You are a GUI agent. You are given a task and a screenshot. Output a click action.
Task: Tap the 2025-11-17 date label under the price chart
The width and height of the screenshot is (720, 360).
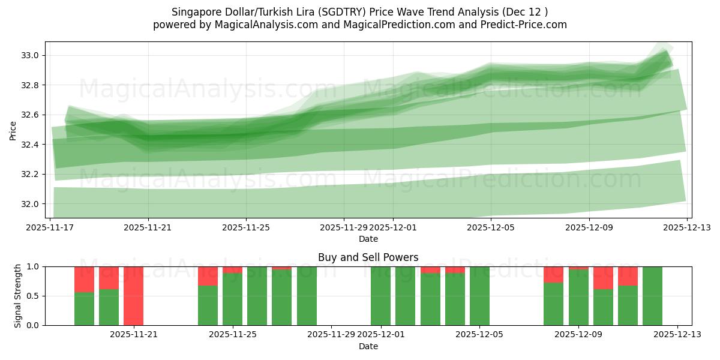coord(50,227)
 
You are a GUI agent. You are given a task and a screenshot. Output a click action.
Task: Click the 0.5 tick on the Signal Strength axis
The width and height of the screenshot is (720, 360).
coord(34,296)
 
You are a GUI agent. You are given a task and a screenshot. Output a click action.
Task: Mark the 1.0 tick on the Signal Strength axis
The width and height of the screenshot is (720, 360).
coord(34,266)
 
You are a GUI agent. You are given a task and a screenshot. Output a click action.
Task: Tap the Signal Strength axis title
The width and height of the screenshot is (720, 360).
coord(18,296)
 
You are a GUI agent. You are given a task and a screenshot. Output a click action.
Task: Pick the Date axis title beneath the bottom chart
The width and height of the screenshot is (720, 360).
coord(368,346)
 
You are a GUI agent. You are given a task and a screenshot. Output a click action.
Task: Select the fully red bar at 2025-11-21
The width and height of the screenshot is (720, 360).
coord(133,296)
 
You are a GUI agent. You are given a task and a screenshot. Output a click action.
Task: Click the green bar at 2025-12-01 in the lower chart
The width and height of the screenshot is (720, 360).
coord(380,296)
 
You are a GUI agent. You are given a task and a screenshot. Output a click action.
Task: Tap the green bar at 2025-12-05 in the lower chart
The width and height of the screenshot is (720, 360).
coord(479,296)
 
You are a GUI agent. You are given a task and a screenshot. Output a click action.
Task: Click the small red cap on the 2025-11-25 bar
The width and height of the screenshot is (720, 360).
coord(232,269)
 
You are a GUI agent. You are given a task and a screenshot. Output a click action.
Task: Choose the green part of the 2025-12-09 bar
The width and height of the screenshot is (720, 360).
coord(578,298)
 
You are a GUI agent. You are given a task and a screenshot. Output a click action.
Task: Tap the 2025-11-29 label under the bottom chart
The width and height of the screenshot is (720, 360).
coord(331,334)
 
